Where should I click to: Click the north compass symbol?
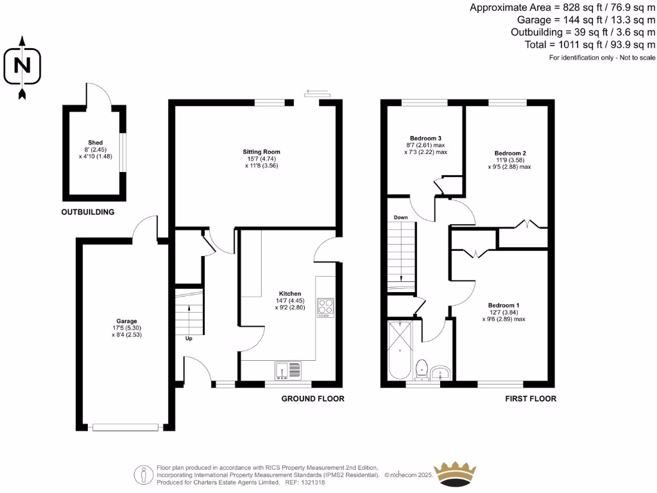point(22,67)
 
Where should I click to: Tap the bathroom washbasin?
point(441,372)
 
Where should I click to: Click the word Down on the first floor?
point(401,218)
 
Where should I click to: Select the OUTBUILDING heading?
point(87,212)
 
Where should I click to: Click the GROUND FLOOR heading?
point(313,399)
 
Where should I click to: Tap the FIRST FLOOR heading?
point(530,399)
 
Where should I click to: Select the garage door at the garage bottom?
point(125,426)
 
